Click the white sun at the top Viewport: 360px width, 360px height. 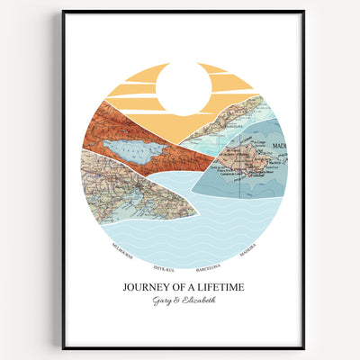tap(183, 88)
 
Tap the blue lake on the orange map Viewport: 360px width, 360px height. tap(133, 147)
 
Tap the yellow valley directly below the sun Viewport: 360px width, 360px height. tap(184, 130)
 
